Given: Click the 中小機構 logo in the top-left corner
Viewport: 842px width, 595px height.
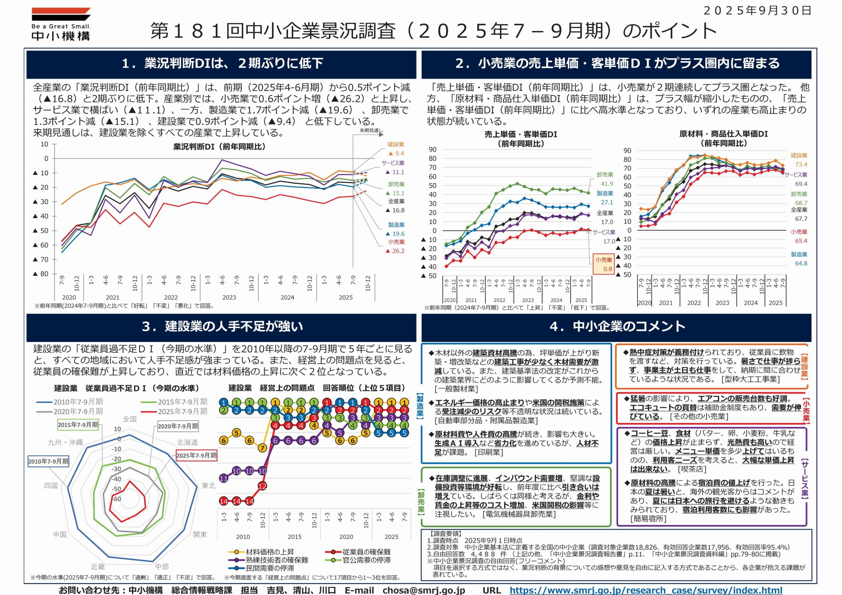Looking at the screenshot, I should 61,24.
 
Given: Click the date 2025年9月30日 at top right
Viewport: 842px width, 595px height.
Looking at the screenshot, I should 757,10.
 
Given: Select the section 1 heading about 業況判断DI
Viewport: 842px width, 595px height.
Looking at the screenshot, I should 222,63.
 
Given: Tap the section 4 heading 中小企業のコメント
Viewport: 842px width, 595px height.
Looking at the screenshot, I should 617,326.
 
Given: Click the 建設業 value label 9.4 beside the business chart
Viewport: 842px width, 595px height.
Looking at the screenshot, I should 396,154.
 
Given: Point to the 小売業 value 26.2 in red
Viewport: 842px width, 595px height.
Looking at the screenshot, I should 395,251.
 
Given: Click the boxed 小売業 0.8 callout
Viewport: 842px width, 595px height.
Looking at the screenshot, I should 604,264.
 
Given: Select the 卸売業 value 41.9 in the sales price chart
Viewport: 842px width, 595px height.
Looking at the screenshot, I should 607,184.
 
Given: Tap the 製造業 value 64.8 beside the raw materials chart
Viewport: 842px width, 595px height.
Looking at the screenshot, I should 801,264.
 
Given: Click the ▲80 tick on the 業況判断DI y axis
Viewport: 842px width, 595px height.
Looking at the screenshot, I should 41,274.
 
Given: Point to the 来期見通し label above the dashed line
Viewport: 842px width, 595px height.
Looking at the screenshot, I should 371,131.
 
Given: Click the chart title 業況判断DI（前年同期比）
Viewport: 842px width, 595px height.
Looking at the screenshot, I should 219,147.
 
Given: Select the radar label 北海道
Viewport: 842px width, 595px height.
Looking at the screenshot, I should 187,442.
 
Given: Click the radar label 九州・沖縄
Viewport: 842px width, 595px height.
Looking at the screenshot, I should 65,442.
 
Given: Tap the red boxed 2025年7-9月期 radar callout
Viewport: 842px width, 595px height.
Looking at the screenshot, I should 196,455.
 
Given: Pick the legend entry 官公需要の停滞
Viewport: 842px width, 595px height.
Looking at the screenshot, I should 366,560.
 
